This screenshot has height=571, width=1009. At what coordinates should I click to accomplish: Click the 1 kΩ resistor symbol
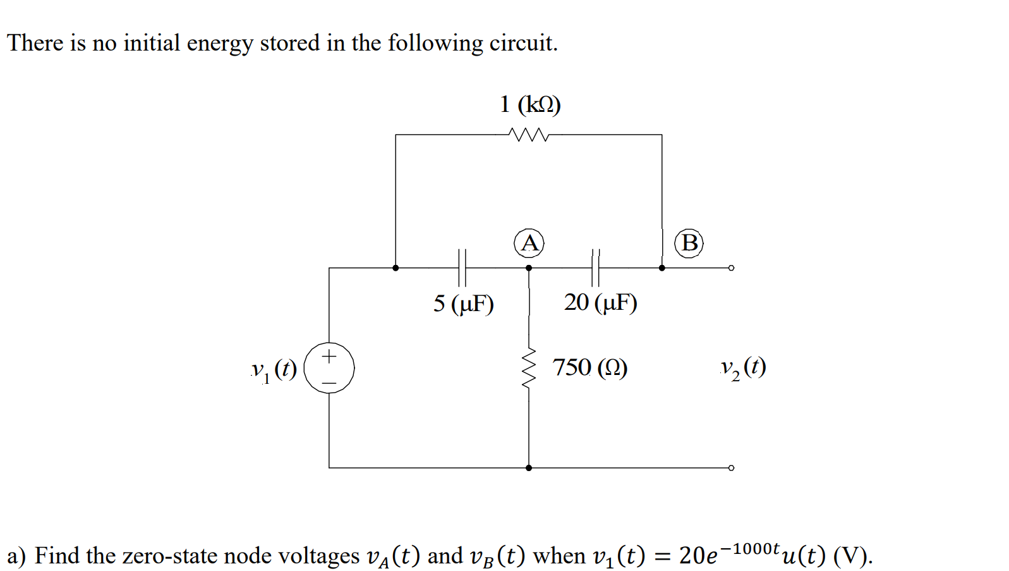tap(528, 135)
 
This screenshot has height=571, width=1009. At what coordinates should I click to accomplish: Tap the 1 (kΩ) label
tap(530, 104)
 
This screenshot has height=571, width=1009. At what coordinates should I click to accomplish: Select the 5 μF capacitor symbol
tap(462, 267)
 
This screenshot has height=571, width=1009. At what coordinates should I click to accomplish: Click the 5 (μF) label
tap(463, 304)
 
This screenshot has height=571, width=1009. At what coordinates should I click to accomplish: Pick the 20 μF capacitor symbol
tap(595, 267)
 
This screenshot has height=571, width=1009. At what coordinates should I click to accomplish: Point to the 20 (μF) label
tap(600, 302)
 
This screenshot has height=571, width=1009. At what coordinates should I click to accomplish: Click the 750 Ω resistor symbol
tap(529, 368)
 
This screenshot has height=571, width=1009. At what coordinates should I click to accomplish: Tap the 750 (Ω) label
tap(589, 367)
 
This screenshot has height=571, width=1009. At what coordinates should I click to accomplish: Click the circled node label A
tap(529, 243)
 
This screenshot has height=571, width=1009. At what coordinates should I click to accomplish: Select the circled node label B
tap(689, 243)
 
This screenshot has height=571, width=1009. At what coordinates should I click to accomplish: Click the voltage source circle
tap(329, 368)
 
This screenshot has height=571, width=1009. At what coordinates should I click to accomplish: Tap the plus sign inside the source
tap(329, 357)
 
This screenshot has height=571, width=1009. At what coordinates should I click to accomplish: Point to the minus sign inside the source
tap(329, 382)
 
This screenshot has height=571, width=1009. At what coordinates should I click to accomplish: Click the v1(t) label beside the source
tap(274, 369)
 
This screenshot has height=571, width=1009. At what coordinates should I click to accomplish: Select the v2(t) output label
tap(743, 367)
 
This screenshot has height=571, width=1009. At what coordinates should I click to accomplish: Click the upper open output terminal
tap(731, 267)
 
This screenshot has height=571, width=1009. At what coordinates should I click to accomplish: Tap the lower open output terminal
tap(731, 468)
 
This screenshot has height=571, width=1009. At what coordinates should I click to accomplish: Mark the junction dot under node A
tap(529, 267)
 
